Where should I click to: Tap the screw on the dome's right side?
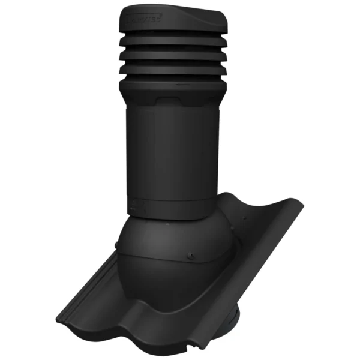(191, 256)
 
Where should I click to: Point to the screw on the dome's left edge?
(116, 245)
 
